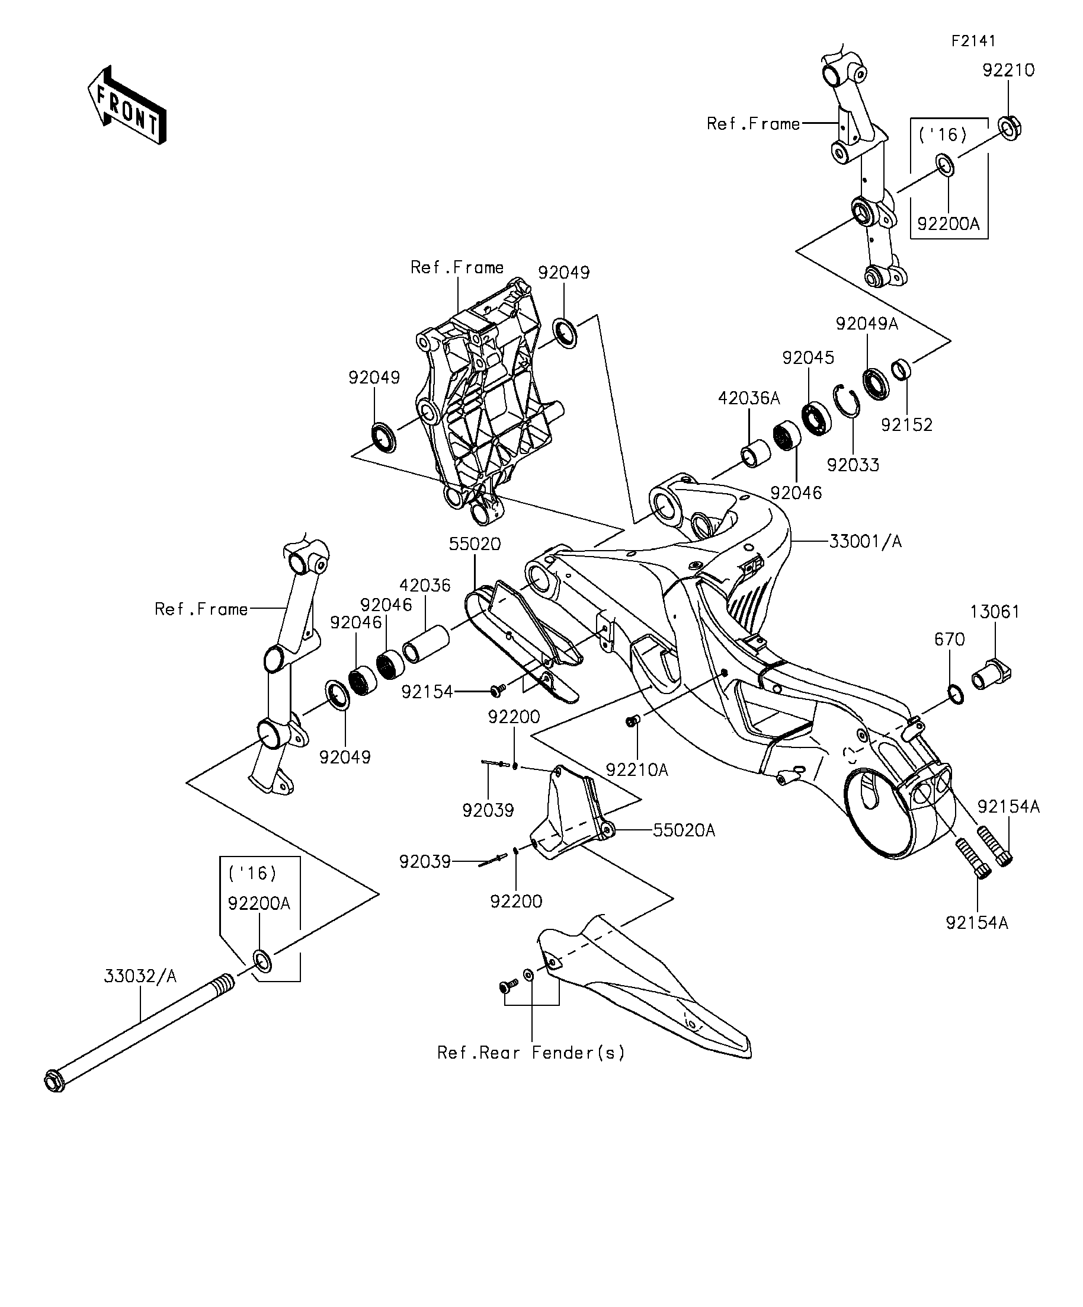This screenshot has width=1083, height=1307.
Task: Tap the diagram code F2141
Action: pos(973,41)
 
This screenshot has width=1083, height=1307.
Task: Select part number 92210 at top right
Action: pos(1008,71)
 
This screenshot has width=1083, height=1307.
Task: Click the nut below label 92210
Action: pos(1010,127)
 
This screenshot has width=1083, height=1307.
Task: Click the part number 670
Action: pos(950,640)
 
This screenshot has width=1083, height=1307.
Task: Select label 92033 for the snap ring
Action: pos(853,465)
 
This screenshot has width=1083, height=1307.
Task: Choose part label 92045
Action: pos(808,358)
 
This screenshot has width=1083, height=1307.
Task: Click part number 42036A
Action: pos(749,398)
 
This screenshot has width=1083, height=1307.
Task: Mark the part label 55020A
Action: pos(684,830)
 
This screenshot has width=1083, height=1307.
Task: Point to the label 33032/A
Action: pos(140,976)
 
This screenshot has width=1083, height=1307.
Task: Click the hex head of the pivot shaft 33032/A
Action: pos(55,1081)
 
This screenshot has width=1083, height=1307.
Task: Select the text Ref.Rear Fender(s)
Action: pos(531,1053)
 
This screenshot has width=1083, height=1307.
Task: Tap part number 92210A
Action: pos(637,771)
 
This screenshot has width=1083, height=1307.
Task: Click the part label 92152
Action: pos(907,425)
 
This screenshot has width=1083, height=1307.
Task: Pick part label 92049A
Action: pos(867,324)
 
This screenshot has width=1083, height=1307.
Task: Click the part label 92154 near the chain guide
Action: pos(427,692)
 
